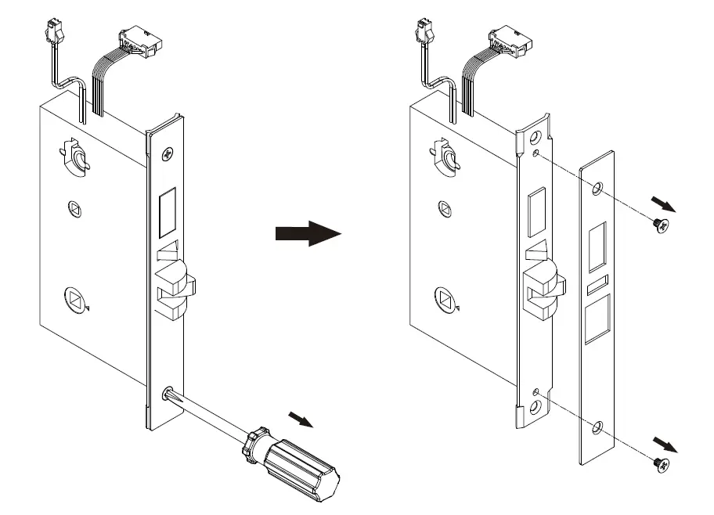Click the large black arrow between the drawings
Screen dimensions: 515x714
point(308,233)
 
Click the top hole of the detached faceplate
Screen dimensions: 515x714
point(597,189)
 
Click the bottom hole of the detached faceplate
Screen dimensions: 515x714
point(597,427)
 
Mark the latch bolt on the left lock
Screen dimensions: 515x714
point(175,290)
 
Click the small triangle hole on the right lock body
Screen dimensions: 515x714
point(444,210)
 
